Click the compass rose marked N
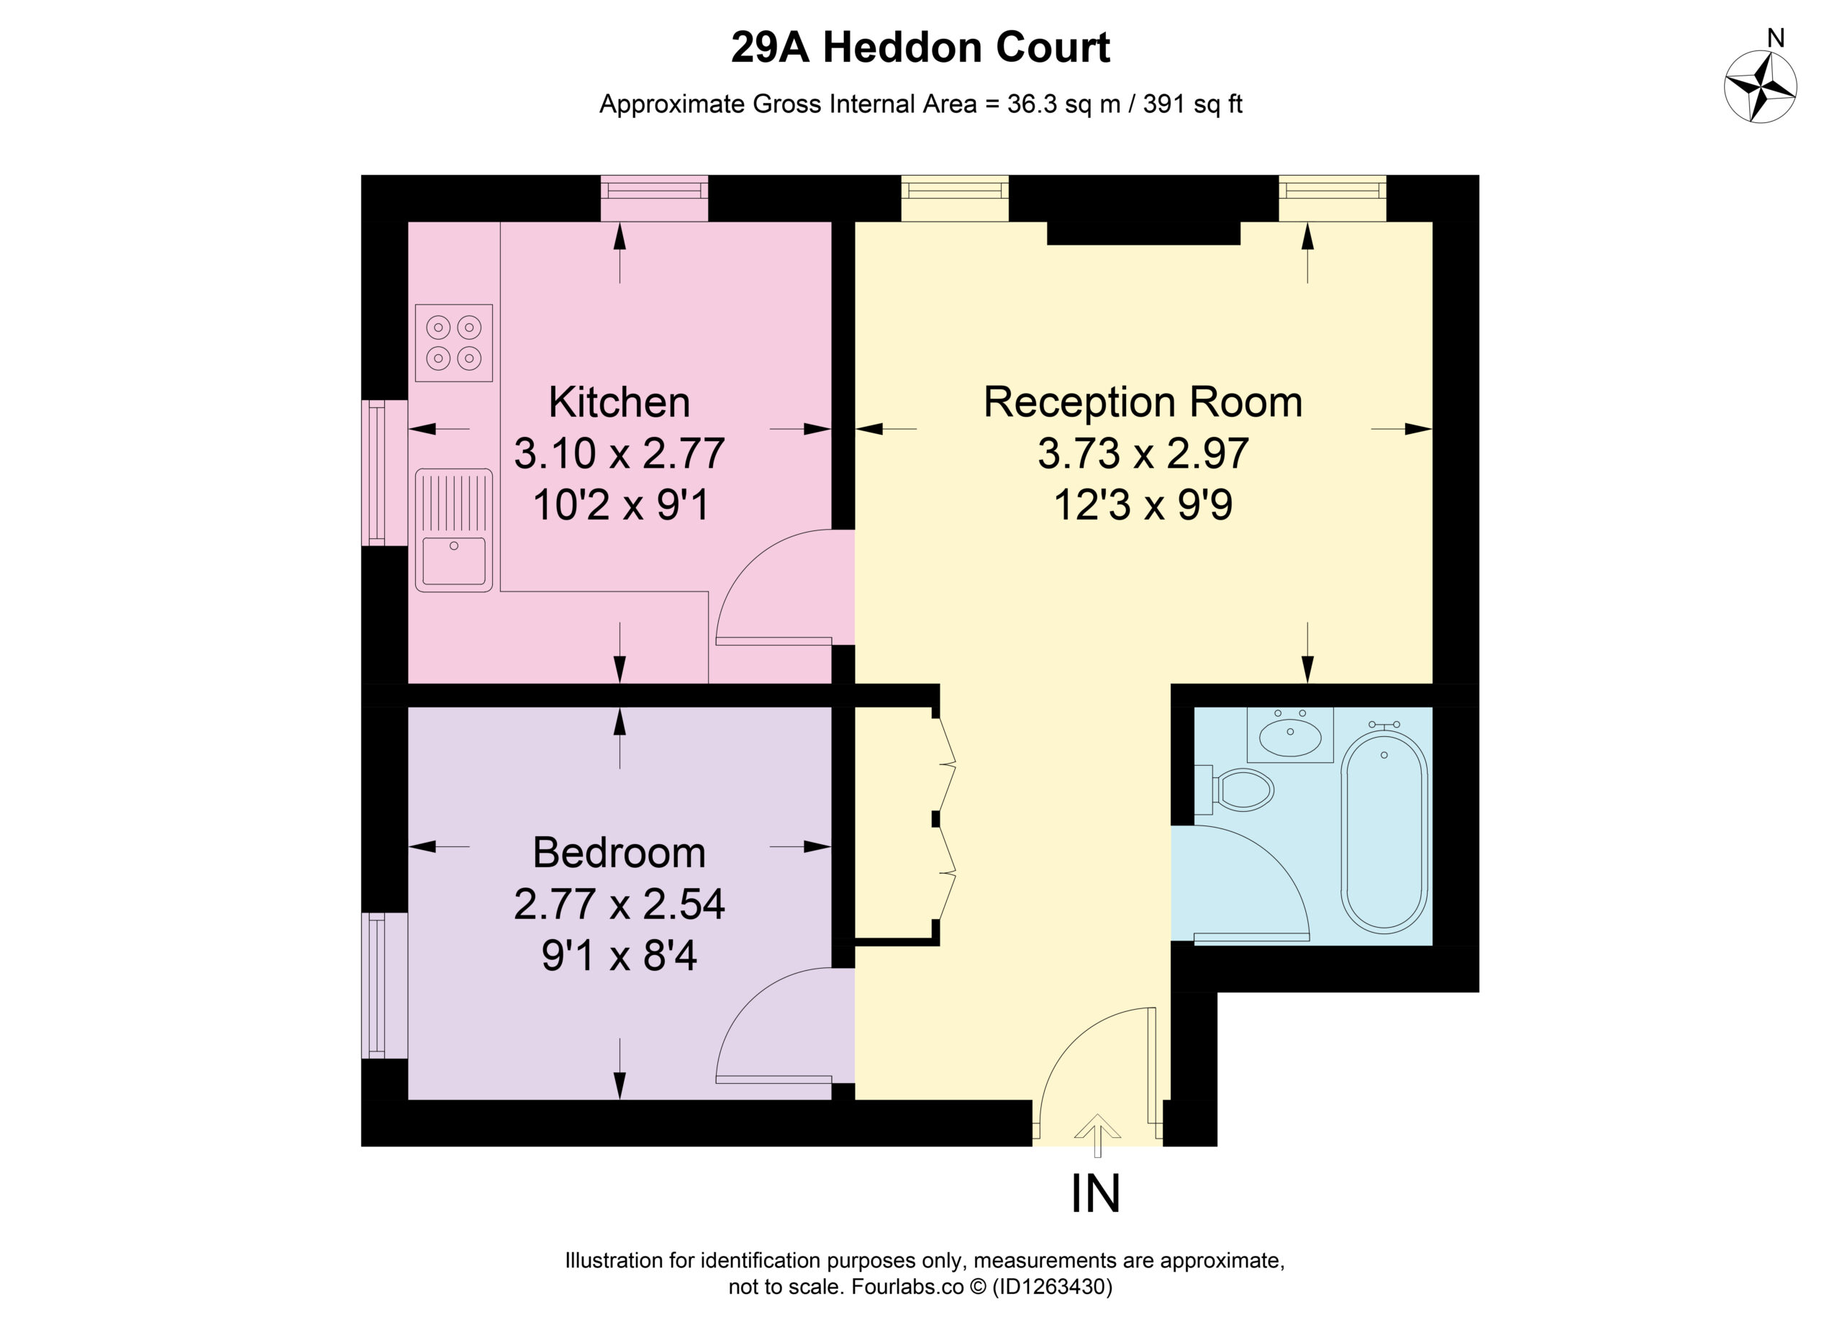[1760, 87]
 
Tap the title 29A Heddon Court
[920, 47]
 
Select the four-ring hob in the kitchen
[454, 343]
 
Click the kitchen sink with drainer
[454, 530]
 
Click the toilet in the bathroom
[1235, 790]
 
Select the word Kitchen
[620, 402]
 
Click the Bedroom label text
[620, 852]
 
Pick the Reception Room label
[1143, 402]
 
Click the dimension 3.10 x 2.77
[620, 453]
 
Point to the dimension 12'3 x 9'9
[1143, 505]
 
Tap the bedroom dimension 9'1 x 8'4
[620, 956]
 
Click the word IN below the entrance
[1096, 1193]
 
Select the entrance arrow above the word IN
[1097, 1135]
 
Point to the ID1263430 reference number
[1052, 1287]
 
